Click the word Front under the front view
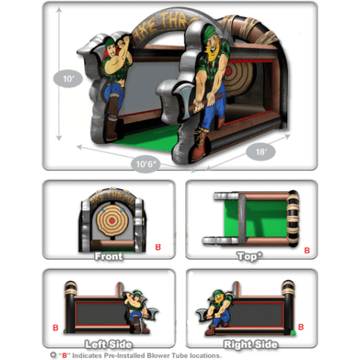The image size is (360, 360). pos(108,256)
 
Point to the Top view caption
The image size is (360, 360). pos(251,256)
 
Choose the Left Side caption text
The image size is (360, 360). pos(109,344)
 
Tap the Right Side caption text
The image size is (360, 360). pos(251,344)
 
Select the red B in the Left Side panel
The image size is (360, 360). pos(57,327)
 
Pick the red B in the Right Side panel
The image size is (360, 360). pos(301,327)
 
